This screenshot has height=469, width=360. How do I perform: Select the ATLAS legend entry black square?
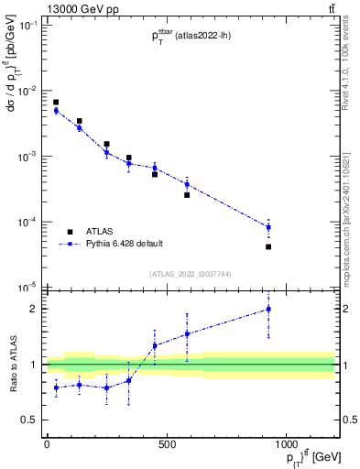(x=70, y=232)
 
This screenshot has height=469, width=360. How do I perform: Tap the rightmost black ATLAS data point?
(x=268, y=246)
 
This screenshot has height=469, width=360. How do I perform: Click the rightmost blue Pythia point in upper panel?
(x=268, y=227)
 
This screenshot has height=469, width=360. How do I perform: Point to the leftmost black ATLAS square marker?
(x=56, y=103)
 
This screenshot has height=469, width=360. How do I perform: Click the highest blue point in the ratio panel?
(x=268, y=309)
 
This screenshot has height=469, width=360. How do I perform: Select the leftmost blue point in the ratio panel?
(x=56, y=387)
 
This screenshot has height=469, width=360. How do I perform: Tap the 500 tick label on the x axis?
(x=167, y=444)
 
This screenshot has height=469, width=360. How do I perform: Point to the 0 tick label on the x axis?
(x=47, y=444)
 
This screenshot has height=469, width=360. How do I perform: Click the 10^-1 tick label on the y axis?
(x=27, y=26)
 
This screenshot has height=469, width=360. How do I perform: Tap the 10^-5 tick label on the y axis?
(x=27, y=288)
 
